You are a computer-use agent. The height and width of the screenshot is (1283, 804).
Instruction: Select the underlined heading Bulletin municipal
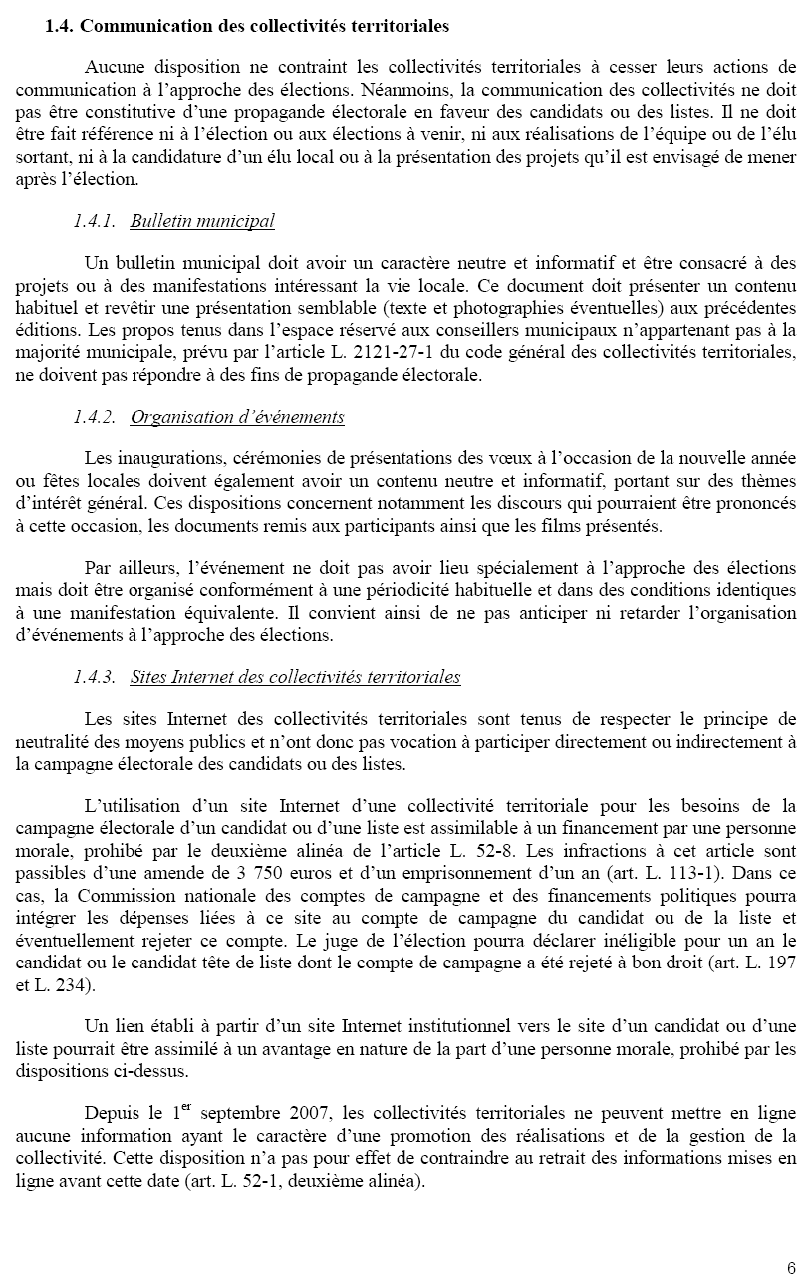click(202, 221)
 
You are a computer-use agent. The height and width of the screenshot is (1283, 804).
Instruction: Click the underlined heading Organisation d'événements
click(237, 417)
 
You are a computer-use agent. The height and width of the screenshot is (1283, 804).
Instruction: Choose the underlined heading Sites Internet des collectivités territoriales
click(295, 677)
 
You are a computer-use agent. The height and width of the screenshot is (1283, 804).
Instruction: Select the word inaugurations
click(166, 458)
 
